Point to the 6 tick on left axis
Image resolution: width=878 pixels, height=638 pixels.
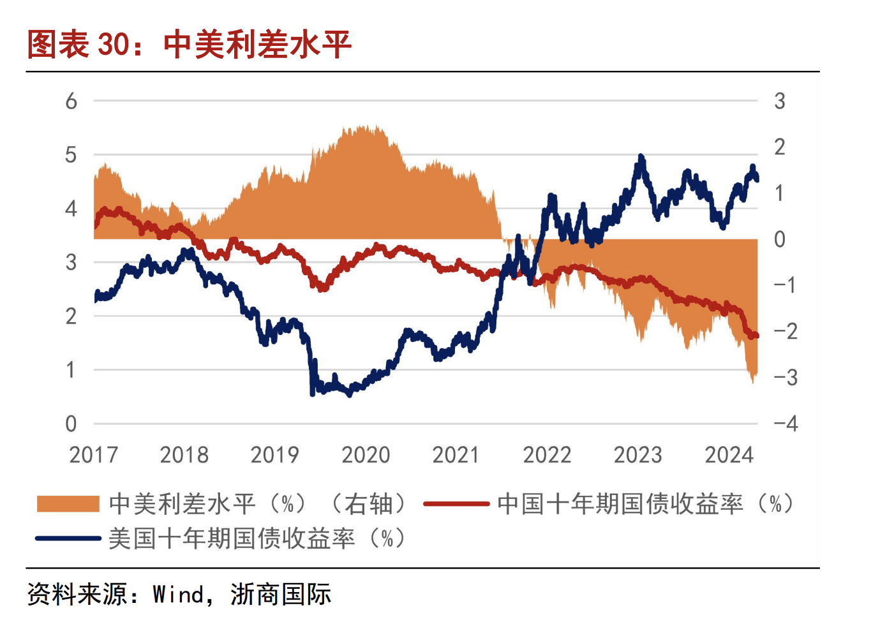pyautogui.click(x=71, y=101)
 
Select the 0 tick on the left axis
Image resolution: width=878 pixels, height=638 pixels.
pyautogui.click(x=71, y=424)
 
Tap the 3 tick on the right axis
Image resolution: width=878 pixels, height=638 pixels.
pyautogui.click(x=779, y=101)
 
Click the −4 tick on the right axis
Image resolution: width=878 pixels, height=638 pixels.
pyautogui.click(x=785, y=424)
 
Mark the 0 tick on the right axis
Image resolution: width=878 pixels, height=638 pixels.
pyautogui.click(x=779, y=239)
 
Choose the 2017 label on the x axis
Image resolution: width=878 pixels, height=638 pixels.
pyautogui.click(x=94, y=455)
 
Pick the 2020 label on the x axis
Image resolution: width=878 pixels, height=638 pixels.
pyautogui.click(x=366, y=455)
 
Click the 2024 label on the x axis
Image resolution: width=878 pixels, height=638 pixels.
pyautogui.click(x=729, y=455)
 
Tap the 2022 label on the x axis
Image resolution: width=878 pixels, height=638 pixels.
pyautogui.click(x=547, y=455)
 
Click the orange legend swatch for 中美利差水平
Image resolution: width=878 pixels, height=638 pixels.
pyautogui.click(x=68, y=504)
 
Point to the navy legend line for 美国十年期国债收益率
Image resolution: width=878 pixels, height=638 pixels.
pyautogui.click(x=68, y=538)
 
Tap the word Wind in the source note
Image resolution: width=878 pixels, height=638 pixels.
pyautogui.click(x=178, y=595)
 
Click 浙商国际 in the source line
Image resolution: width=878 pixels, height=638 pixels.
pyautogui.click(x=281, y=595)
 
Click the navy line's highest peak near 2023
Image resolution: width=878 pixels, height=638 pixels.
pyautogui.click(x=641, y=157)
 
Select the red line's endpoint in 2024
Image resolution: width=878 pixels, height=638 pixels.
pyautogui.click(x=756, y=336)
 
